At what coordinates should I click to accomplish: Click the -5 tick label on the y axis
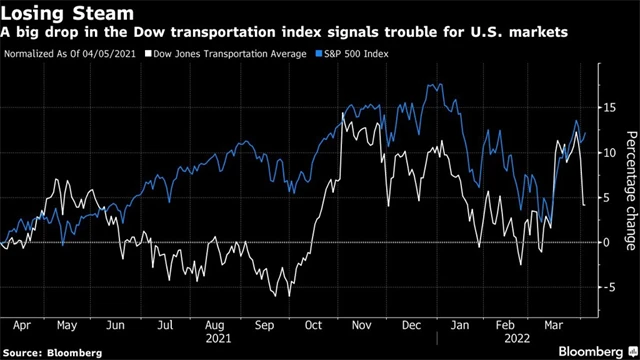(603, 287)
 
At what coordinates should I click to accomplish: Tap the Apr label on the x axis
(22, 325)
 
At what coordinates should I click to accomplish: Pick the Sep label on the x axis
(264, 325)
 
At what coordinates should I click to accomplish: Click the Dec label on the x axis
(409, 325)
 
